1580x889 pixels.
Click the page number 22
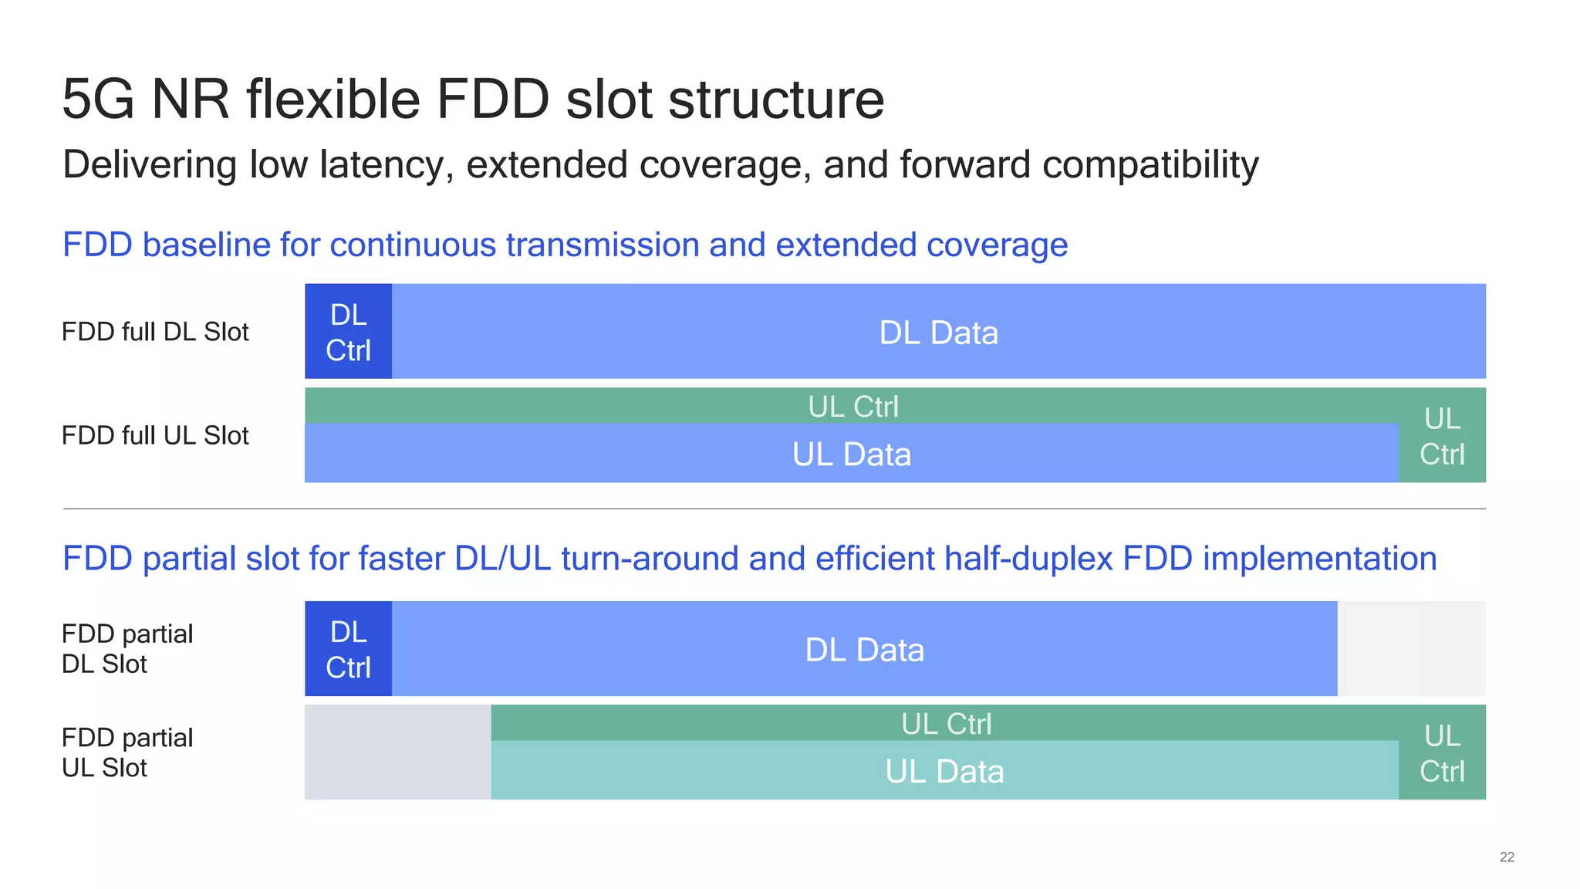(1506, 857)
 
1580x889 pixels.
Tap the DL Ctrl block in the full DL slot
(348, 332)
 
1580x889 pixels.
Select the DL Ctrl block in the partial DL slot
(348, 649)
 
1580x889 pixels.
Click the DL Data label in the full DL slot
(938, 333)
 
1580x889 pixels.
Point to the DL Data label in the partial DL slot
(864, 650)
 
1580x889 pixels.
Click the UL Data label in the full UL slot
(851, 455)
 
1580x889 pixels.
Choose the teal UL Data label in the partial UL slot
(944, 772)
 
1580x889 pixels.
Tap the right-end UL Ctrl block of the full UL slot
(1442, 437)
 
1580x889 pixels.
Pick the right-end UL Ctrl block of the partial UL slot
(1442, 753)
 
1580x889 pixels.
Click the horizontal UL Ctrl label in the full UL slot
(852, 407)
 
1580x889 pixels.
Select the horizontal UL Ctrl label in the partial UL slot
(946, 724)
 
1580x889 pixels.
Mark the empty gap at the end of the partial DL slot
(1411, 649)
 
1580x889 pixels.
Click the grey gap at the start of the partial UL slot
(397, 752)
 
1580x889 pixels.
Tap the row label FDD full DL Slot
(155, 332)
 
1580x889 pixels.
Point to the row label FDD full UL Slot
(155, 436)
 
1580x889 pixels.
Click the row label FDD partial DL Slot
(127, 649)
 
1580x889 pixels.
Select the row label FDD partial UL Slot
(127, 752)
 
